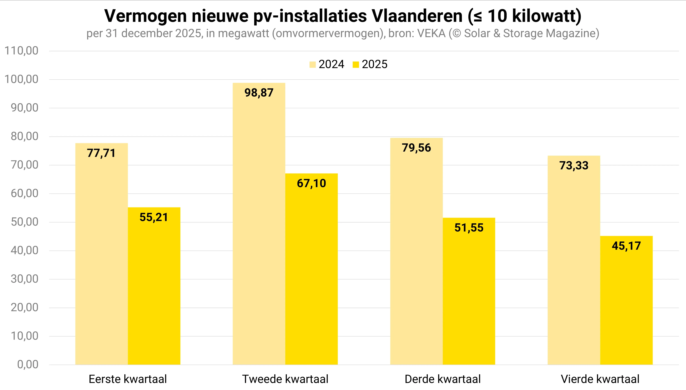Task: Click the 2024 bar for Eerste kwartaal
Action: click(x=101, y=254)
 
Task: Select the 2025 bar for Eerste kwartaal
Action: click(x=154, y=287)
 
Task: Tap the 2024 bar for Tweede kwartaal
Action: click(x=259, y=225)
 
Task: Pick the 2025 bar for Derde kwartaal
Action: click(x=469, y=292)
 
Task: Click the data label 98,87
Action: click(x=259, y=93)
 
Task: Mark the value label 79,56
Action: click(x=416, y=148)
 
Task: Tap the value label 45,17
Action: click(x=626, y=246)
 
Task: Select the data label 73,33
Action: click(x=574, y=165)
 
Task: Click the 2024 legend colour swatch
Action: click(x=312, y=65)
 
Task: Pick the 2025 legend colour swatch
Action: click(x=356, y=65)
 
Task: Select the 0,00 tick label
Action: click(x=28, y=365)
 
